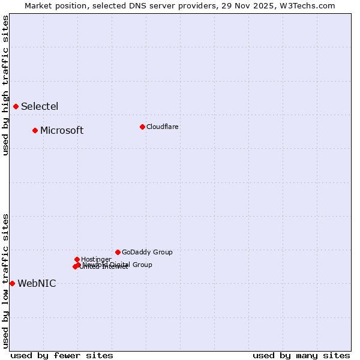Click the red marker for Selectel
pyautogui.click(x=16, y=107)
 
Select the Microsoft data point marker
pyautogui.click(x=35, y=130)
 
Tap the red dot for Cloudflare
pyautogui.click(x=142, y=127)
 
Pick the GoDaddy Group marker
pyautogui.click(x=118, y=252)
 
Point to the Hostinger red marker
pyautogui.click(x=77, y=259)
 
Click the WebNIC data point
pyautogui.click(x=12, y=283)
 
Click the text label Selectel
pyautogui.click(x=40, y=107)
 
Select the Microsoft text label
pyautogui.click(x=62, y=131)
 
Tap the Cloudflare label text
pyautogui.click(x=162, y=127)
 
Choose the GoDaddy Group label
pyautogui.click(x=147, y=252)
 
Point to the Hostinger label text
pyautogui.click(x=96, y=259)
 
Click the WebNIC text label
pyautogui.click(x=37, y=284)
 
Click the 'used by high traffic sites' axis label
pyautogui.click(x=5, y=85)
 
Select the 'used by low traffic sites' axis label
pyautogui.click(x=5, y=281)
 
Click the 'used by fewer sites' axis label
pyautogui.click(x=62, y=355)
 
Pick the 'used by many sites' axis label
pyautogui.click(x=301, y=355)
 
